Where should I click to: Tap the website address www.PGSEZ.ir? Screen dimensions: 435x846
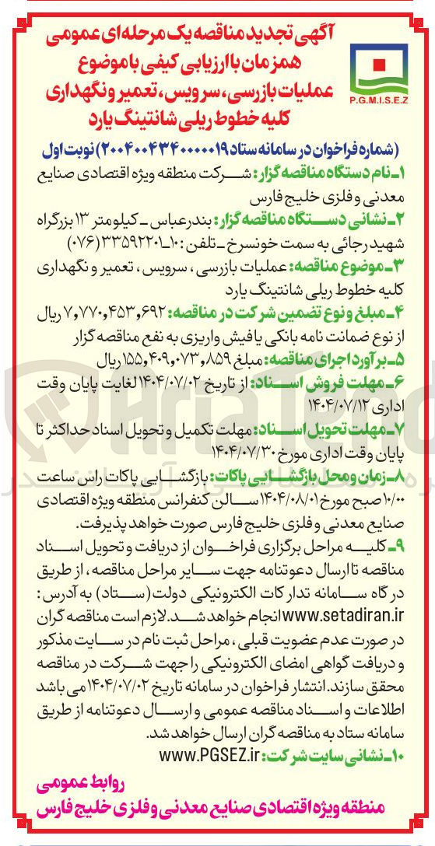209,754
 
